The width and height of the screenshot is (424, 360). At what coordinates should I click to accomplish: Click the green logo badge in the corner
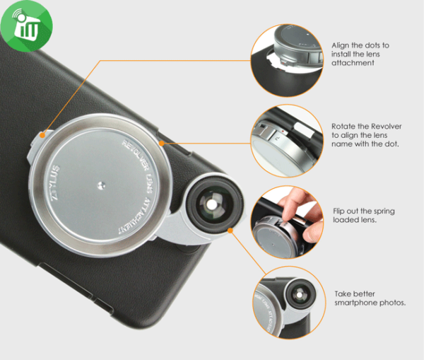(x=27, y=26)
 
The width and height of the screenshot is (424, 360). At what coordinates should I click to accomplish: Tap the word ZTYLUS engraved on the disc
(x=55, y=182)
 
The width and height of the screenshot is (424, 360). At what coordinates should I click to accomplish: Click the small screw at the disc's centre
(x=101, y=186)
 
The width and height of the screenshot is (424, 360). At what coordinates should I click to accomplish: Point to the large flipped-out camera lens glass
(x=212, y=204)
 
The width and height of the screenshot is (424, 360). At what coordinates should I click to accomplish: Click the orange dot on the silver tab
(x=42, y=135)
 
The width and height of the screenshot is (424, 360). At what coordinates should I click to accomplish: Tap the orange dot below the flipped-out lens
(x=230, y=231)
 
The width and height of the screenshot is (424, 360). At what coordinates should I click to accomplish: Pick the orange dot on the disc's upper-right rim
(x=161, y=143)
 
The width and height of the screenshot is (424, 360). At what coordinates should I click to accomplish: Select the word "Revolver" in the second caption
(x=386, y=127)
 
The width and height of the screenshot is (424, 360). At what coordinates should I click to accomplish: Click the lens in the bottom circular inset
(x=300, y=294)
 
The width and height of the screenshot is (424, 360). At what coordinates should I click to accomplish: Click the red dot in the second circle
(x=283, y=132)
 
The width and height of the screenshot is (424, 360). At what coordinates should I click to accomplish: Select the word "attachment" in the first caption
(x=353, y=63)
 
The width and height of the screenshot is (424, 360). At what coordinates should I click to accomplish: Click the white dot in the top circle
(x=307, y=35)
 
